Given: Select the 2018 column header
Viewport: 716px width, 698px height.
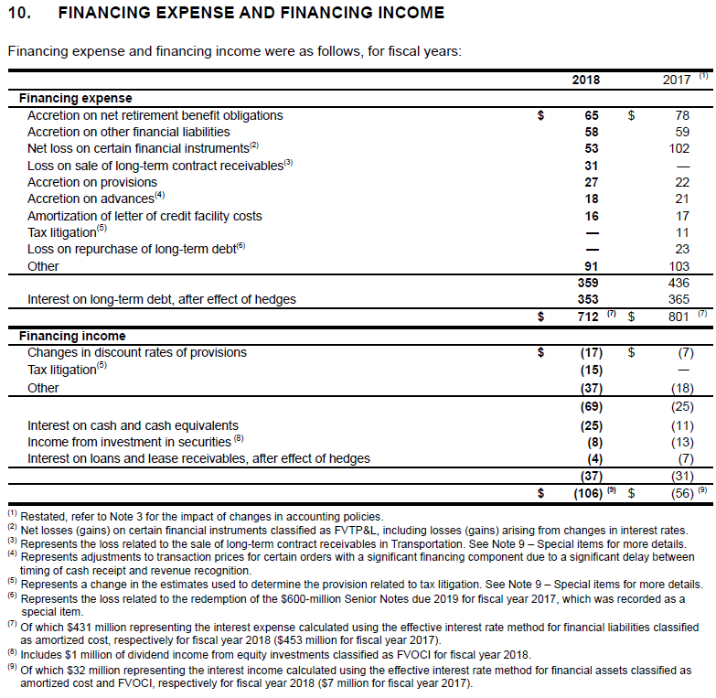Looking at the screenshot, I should click(x=585, y=80).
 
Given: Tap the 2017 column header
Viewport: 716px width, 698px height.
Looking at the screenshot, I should click(x=676, y=80).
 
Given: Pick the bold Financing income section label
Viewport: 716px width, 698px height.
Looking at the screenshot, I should click(x=72, y=336).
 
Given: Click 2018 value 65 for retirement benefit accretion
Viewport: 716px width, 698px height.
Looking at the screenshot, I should click(x=591, y=115).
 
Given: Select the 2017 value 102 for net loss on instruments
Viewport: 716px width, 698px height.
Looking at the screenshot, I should click(x=679, y=148).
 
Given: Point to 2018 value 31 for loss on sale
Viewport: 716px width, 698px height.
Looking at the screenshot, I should click(x=591, y=166).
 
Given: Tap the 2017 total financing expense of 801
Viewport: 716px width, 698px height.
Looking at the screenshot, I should click(x=677, y=317).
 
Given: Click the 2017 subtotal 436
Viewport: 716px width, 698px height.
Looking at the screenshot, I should click(x=679, y=283).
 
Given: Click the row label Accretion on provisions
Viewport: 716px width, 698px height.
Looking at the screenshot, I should click(x=92, y=182).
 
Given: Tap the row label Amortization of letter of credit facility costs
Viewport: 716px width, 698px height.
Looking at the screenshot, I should click(x=144, y=216).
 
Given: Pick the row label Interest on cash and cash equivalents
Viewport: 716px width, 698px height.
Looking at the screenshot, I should click(x=133, y=425).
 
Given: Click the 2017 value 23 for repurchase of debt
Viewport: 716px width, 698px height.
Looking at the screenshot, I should click(x=681, y=249).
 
